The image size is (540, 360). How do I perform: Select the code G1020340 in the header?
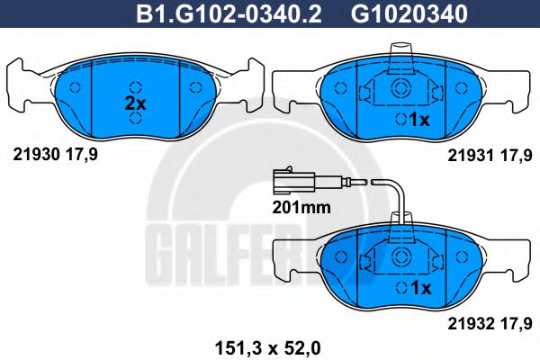[396, 13]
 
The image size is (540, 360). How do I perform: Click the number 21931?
[468, 154]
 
